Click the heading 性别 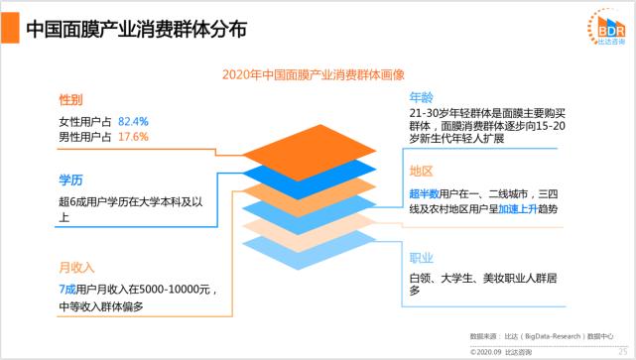(x=70, y=101)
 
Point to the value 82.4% (x=133, y=121)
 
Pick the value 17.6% (x=133, y=136)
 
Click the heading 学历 (x=70, y=180)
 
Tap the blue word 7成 (x=68, y=288)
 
